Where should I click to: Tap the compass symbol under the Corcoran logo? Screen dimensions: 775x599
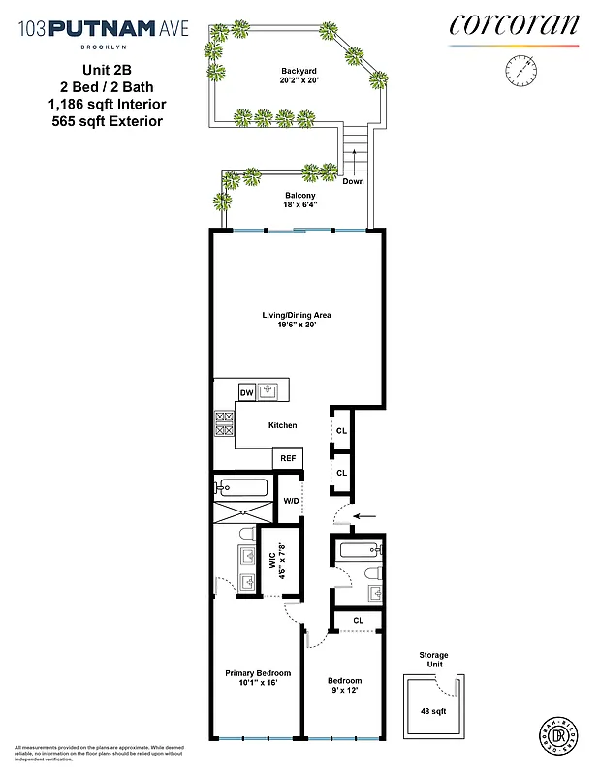520,71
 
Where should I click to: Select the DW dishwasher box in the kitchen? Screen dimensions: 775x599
246,392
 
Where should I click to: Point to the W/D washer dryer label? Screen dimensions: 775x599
290,501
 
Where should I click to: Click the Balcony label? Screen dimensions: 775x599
299,194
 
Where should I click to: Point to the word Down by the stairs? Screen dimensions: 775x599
353,181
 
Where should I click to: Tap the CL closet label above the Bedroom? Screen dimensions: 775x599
358,620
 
